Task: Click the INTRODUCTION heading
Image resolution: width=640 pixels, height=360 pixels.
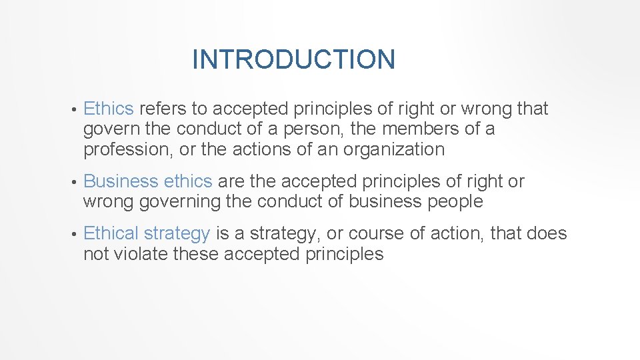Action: coord(293,59)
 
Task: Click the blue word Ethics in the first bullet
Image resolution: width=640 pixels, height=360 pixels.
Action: coord(109,109)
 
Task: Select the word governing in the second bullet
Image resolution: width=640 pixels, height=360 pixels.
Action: coord(178,201)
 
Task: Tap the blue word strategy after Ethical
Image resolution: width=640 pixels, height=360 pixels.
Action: coord(177,234)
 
